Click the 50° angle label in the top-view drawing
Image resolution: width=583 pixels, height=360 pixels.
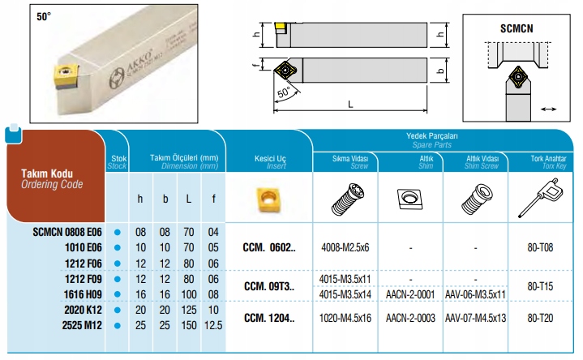click(284, 92)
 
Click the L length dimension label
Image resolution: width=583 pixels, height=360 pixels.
click(350, 105)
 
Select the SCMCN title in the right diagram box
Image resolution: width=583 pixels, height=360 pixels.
click(517, 28)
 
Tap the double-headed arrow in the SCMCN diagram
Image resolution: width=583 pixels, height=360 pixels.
click(548, 109)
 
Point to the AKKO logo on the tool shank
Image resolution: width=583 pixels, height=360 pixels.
click(117, 79)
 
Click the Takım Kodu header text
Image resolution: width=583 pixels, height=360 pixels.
click(47, 174)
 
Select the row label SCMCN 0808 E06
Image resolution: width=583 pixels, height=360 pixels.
click(67, 232)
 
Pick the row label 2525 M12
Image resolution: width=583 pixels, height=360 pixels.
click(82, 325)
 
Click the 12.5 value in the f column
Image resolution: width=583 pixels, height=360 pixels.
click(213, 325)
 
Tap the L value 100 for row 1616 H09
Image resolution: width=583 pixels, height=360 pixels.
click(189, 294)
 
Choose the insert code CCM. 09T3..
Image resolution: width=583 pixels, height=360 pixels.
click(269, 286)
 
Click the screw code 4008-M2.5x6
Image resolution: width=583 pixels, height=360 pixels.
click(345, 247)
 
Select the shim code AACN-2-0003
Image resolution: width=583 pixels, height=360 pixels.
click(410, 319)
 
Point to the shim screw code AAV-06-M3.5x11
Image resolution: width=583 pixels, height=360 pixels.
click(475, 294)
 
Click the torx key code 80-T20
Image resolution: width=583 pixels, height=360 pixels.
click(540, 319)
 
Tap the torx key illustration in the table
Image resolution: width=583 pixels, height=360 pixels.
click(542, 198)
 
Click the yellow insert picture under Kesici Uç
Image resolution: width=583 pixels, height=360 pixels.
click(268, 199)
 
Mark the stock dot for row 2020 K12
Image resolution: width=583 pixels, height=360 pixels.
click(118, 311)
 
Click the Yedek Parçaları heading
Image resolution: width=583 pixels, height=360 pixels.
click(431, 136)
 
